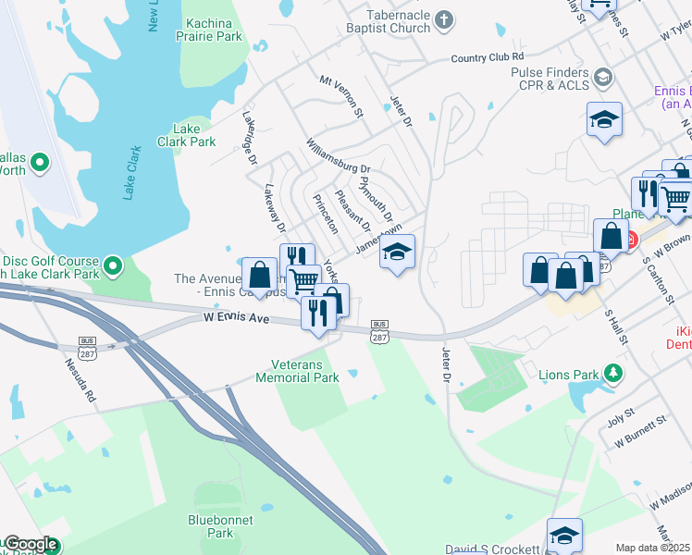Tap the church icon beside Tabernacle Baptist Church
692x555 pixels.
(444, 18)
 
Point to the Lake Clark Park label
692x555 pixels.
(193, 135)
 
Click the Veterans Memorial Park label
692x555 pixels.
(305, 371)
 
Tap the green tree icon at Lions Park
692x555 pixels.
(612, 374)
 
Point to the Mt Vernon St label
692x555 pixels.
(342, 96)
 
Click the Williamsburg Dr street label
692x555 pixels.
(339, 157)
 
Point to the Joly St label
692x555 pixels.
(621, 412)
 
